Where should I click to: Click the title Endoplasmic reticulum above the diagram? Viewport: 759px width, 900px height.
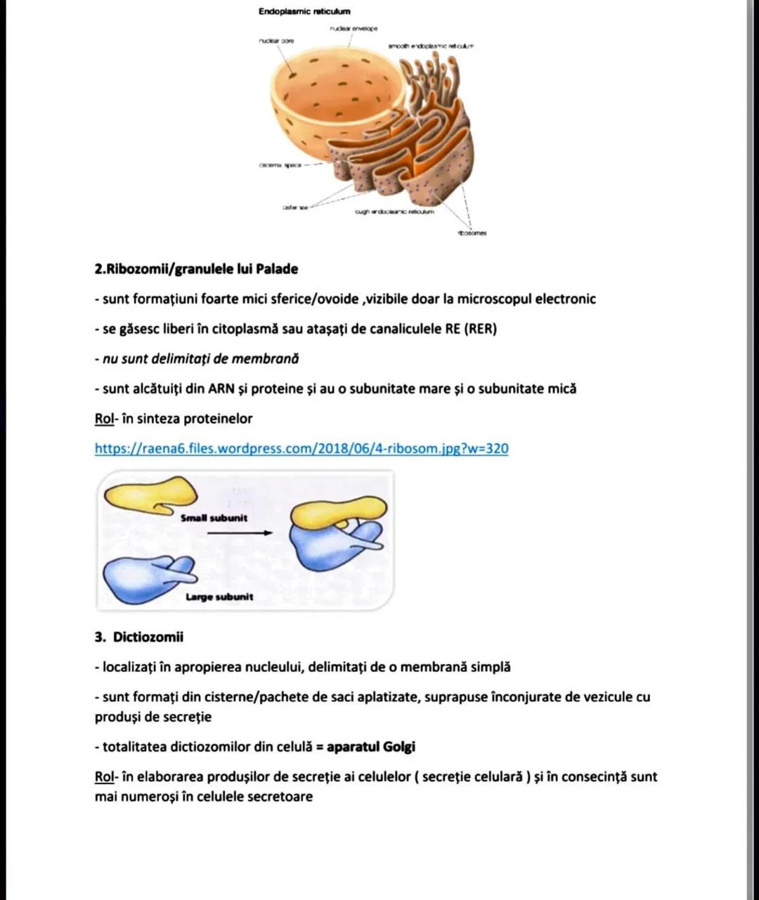click(304, 11)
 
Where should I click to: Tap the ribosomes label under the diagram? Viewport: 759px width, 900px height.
click(473, 233)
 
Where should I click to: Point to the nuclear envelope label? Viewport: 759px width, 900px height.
click(353, 28)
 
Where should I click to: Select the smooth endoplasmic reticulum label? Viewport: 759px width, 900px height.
click(431, 46)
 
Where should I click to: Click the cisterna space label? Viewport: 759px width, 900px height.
click(280, 165)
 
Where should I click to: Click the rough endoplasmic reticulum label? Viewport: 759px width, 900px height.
click(396, 211)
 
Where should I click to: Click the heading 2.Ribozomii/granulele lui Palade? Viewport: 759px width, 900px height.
click(196, 269)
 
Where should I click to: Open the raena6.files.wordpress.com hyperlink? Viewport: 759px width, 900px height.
click(301, 448)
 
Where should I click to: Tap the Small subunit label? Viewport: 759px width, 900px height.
click(214, 518)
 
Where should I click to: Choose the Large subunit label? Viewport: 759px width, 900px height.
click(219, 597)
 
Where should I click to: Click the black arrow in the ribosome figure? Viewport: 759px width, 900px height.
click(240, 533)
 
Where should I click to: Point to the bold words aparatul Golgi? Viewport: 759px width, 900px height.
click(371, 747)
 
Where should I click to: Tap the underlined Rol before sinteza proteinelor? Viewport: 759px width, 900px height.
click(104, 419)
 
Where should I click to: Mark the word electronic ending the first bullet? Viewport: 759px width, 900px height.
click(565, 299)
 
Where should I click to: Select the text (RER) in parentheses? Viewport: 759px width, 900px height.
click(481, 329)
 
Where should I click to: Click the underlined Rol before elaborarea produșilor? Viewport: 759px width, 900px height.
click(104, 777)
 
